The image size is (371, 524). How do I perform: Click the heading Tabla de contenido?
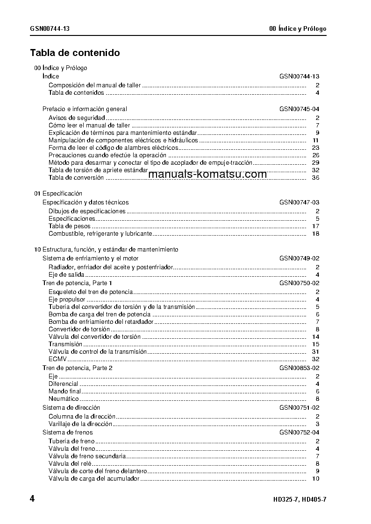(75, 53)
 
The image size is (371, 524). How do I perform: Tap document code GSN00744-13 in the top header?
(50, 29)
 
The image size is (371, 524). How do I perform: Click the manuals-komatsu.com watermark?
(209, 174)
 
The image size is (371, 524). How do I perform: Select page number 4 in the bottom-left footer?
(32, 499)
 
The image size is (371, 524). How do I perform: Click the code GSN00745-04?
(299, 109)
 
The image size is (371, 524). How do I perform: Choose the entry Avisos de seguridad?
(77, 118)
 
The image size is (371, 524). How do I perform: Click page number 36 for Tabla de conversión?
(315, 177)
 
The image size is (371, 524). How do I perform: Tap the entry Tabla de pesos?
(70, 226)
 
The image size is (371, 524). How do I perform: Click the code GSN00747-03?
(299, 203)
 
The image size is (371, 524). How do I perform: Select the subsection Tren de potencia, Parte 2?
(77, 368)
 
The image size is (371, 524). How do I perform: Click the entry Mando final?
(64, 391)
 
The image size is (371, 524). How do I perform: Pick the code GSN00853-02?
(299, 368)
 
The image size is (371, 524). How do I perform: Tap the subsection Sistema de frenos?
(67, 433)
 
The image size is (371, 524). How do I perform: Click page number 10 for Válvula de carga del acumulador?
(315, 478)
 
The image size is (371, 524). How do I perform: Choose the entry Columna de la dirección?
(82, 416)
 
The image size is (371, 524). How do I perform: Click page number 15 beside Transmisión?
(315, 344)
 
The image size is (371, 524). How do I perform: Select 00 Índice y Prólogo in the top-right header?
(298, 29)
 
